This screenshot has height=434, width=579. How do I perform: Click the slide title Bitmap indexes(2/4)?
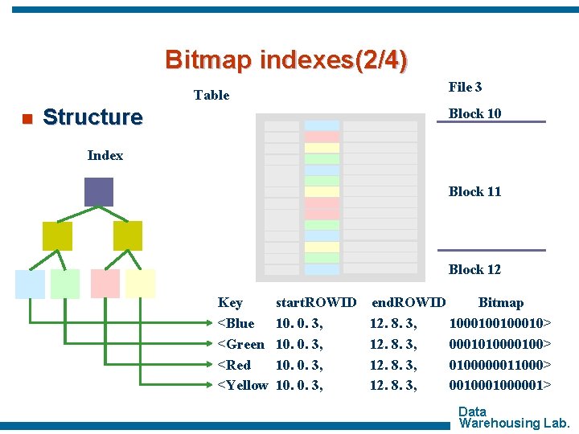[x=286, y=59]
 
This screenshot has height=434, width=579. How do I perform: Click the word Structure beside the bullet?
[x=92, y=117]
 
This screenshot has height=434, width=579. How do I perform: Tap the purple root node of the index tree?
[x=99, y=191]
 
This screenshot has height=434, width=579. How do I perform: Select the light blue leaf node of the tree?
[x=30, y=284]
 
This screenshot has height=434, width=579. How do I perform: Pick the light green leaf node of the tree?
[x=65, y=284]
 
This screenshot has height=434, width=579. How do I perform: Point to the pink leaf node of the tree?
[x=105, y=284]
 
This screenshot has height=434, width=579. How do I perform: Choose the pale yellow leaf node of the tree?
[x=141, y=284]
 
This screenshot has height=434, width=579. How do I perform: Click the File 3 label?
[x=465, y=87]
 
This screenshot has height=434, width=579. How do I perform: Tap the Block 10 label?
[x=474, y=113]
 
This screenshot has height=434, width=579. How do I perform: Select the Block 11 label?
[x=474, y=191]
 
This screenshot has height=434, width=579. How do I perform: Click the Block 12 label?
[x=474, y=269]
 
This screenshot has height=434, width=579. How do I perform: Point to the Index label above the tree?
[x=105, y=155]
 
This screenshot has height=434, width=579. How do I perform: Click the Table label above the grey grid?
[x=211, y=95]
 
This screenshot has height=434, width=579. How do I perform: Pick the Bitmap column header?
[x=500, y=303]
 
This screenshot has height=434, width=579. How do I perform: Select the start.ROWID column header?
[x=316, y=303]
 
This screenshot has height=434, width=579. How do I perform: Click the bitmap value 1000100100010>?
[x=500, y=323]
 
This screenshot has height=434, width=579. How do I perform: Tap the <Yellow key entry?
[x=243, y=386]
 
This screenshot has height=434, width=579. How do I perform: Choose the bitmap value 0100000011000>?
[x=500, y=365]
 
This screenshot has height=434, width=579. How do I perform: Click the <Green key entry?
[x=241, y=344]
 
